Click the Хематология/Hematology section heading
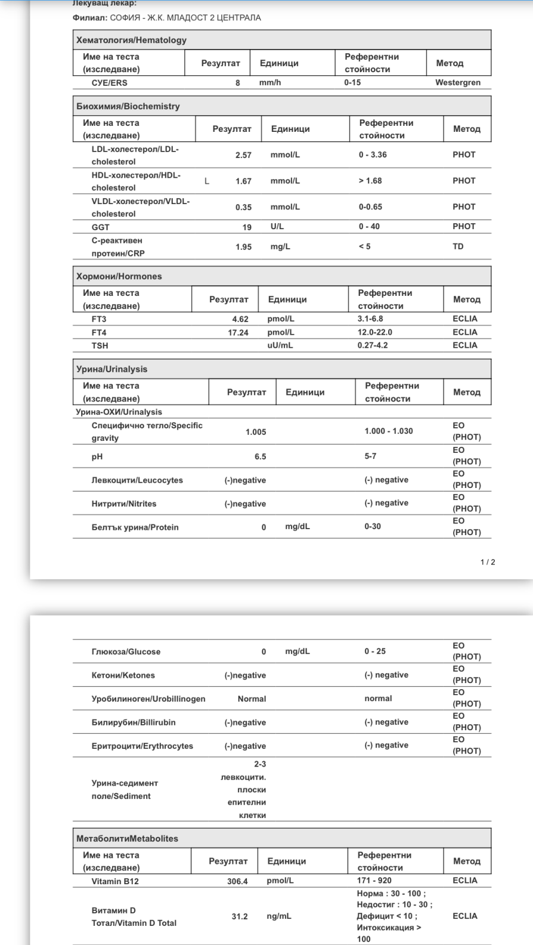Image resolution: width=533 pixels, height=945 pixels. click(x=131, y=40)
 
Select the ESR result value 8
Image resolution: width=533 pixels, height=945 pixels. click(x=237, y=83)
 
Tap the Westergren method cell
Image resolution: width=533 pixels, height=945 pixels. click(x=457, y=82)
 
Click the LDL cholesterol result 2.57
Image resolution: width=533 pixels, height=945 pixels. click(x=243, y=155)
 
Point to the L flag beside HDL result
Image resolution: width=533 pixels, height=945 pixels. click(x=207, y=181)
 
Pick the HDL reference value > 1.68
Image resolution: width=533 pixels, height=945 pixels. click(x=370, y=181)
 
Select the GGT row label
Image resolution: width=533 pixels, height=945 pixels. click(x=100, y=227)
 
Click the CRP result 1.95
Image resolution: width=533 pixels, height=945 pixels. click(x=243, y=247)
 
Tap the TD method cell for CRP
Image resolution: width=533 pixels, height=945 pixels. click(x=458, y=246)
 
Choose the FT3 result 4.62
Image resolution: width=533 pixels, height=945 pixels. click(x=240, y=319)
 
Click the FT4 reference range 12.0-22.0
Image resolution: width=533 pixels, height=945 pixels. click(x=374, y=332)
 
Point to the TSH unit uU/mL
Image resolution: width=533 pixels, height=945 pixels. click(x=280, y=345)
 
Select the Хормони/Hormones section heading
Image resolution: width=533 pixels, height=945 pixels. click(x=119, y=276)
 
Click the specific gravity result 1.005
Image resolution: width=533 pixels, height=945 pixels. click(x=256, y=432)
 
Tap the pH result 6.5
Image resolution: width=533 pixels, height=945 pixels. click(x=260, y=456)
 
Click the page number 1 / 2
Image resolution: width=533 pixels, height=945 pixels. click(x=488, y=562)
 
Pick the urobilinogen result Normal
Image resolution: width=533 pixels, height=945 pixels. click(x=252, y=699)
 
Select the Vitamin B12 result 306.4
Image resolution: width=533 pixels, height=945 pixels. click(x=237, y=881)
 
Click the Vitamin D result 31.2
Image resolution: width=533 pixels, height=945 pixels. click(x=240, y=916)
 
